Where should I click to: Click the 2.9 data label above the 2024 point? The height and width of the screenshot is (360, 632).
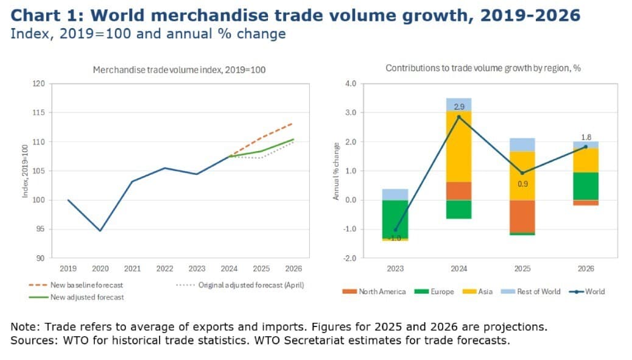[x=459, y=107]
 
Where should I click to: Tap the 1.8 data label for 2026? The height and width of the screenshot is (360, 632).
[x=586, y=138]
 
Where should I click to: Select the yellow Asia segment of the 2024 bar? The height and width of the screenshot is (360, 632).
[x=458, y=147]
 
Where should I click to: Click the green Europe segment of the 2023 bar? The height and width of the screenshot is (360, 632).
[x=395, y=219]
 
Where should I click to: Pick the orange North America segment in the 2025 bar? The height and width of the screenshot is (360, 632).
[x=522, y=216]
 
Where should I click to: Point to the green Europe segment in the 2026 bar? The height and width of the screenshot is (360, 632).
[x=586, y=186]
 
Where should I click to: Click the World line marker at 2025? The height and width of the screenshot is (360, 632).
[x=522, y=173]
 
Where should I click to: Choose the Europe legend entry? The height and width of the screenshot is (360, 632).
[x=434, y=291]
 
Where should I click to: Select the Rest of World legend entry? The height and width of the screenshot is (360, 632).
[x=530, y=291]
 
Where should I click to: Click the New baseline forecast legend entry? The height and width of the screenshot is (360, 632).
[x=75, y=285]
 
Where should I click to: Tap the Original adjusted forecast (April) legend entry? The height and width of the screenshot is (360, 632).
[x=241, y=285]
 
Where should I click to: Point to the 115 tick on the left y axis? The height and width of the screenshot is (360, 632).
[x=39, y=113]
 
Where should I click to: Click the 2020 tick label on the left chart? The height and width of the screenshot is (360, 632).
[x=100, y=269]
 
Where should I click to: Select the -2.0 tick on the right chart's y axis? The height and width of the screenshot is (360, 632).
[x=351, y=258]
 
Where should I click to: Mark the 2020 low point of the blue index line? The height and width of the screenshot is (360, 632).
[x=100, y=231]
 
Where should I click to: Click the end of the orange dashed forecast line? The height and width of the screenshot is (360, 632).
[x=293, y=124]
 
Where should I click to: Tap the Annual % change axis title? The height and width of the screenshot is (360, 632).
[x=335, y=171]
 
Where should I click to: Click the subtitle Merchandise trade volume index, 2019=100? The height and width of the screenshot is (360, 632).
[x=180, y=69]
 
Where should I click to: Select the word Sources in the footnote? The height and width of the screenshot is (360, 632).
[x=34, y=341]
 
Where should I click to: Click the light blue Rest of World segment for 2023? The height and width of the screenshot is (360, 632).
[x=395, y=195]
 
